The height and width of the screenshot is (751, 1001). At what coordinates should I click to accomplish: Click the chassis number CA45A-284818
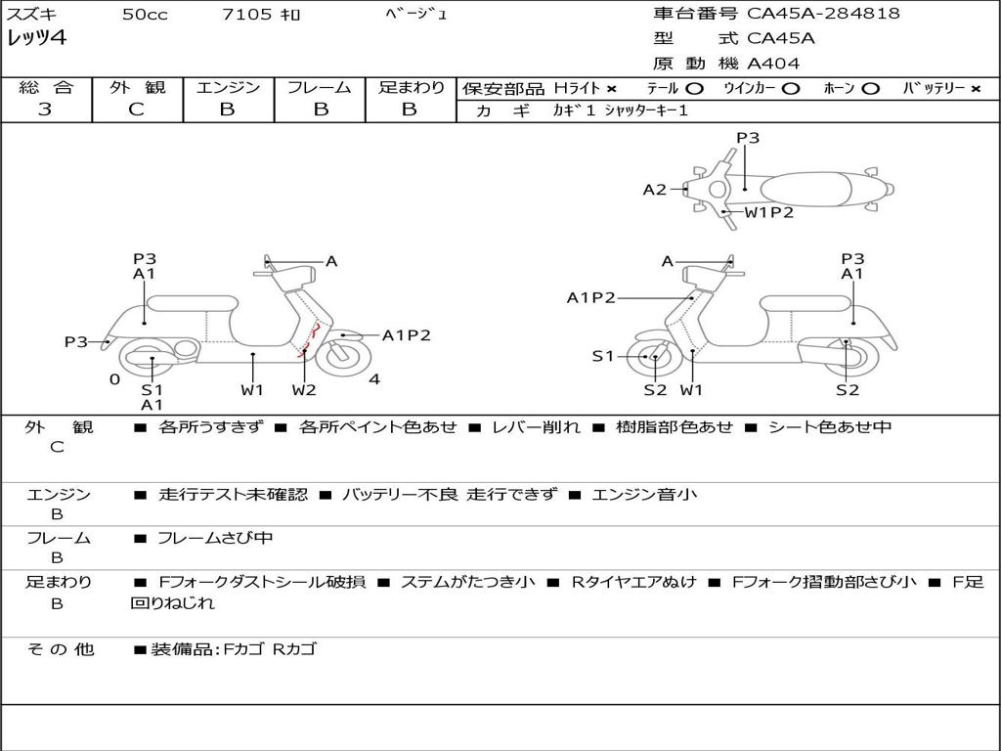pyautogui.click(x=823, y=14)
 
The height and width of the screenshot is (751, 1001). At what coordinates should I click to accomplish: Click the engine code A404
pyautogui.click(x=773, y=64)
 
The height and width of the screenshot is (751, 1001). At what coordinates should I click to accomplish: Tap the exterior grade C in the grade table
pyautogui.click(x=137, y=110)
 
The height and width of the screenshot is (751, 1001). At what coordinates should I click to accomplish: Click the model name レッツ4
pyautogui.click(x=37, y=38)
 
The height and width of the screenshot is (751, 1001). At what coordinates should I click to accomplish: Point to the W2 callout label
pyautogui.click(x=304, y=389)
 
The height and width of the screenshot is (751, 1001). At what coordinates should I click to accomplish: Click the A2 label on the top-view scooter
pyautogui.click(x=654, y=190)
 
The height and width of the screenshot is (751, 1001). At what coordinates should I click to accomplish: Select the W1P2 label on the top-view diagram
pyautogui.click(x=768, y=212)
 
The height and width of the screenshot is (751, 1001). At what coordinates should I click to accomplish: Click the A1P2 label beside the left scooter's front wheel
pyautogui.click(x=406, y=335)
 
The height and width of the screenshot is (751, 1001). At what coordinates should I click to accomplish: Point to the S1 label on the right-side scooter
pyautogui.click(x=602, y=356)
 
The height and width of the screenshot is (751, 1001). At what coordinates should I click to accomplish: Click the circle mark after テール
pyautogui.click(x=694, y=89)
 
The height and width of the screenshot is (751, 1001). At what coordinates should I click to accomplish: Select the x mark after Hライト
pyautogui.click(x=612, y=89)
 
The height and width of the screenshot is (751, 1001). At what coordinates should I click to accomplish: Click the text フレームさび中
pyautogui.click(x=215, y=539)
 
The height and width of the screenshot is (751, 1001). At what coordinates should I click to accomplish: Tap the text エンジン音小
pyautogui.click(x=644, y=494)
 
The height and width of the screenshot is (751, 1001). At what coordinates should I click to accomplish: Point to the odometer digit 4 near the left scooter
pyautogui.click(x=374, y=379)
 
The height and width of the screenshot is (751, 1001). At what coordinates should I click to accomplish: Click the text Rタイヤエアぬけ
pyautogui.click(x=633, y=582)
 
